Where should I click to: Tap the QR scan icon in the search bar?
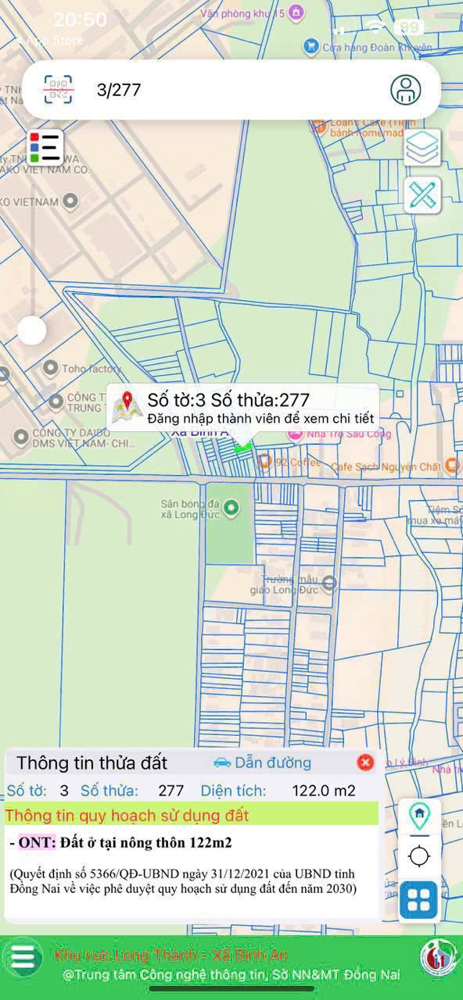click(59, 89)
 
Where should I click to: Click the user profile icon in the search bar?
click(405, 90)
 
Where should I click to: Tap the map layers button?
click(423, 148)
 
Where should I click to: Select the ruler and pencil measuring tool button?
click(423, 195)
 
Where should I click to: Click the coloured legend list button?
click(45, 147)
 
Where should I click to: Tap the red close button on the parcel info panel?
click(365, 762)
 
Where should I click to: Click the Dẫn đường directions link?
click(262, 762)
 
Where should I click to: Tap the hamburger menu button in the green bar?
click(23, 956)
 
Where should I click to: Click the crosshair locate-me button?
click(419, 856)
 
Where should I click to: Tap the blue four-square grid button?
click(419, 900)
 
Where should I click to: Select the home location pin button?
click(419, 816)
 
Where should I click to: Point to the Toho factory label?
click(92, 368)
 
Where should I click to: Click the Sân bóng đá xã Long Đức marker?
click(230, 509)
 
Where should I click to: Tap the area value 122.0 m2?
click(324, 791)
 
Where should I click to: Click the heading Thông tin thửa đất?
click(92, 762)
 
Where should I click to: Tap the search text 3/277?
click(119, 90)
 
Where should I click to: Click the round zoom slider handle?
click(32, 330)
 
